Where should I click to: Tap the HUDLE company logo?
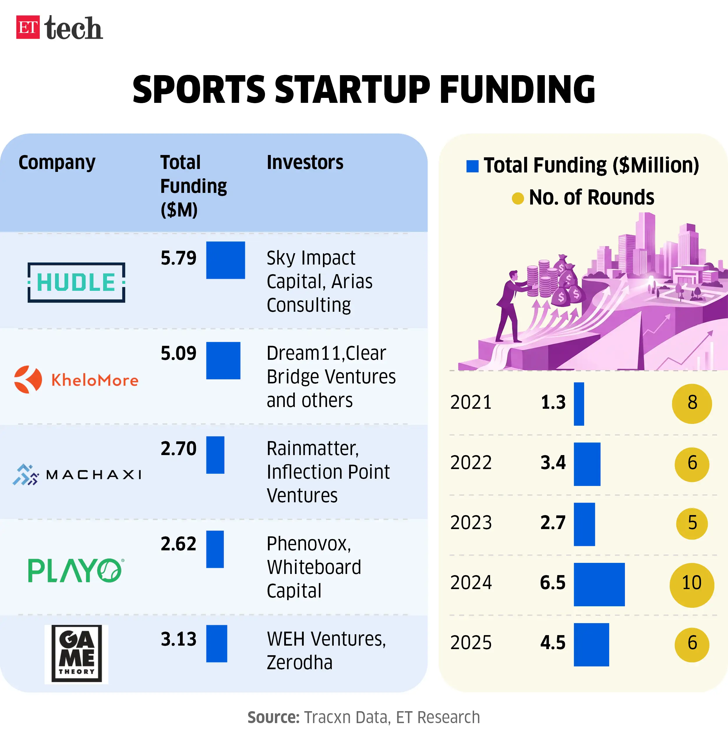click(76, 282)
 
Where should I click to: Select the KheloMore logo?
click(76, 380)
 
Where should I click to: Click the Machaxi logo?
click(77, 475)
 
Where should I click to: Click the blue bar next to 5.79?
click(225, 260)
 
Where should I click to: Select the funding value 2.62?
click(178, 544)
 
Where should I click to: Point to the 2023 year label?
click(471, 523)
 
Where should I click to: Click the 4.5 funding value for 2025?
click(552, 643)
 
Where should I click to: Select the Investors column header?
click(305, 162)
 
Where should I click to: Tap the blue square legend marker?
click(472, 166)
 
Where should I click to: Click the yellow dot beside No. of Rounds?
click(517, 198)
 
